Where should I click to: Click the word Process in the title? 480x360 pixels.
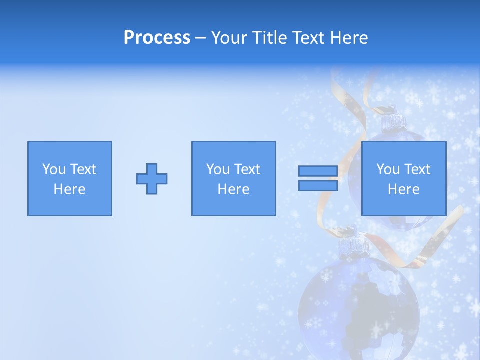(x=157, y=38)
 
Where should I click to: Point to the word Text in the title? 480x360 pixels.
(x=310, y=38)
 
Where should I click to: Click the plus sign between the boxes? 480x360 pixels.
(x=152, y=179)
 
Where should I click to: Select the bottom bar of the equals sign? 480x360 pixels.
(x=318, y=186)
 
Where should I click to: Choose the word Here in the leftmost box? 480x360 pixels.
(x=69, y=189)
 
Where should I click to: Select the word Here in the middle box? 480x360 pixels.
(x=233, y=189)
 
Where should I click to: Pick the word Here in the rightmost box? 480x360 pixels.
(x=403, y=189)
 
